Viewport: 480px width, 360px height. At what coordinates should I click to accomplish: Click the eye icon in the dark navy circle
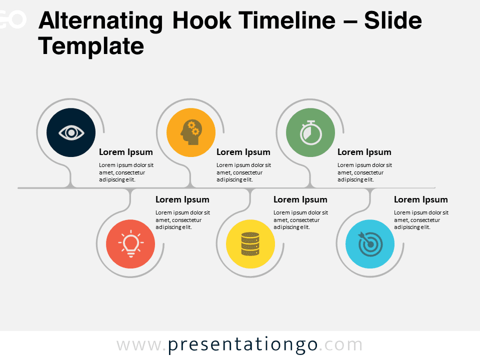(x=71, y=132)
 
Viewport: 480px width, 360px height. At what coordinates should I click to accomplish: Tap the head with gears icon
(x=190, y=132)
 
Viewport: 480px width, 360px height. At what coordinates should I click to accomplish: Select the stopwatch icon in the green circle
(x=310, y=132)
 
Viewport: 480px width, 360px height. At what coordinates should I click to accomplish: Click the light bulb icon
(x=131, y=243)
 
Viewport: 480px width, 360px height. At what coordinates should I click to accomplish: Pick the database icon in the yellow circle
(x=250, y=243)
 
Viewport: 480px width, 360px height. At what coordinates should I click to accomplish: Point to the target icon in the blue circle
(x=370, y=243)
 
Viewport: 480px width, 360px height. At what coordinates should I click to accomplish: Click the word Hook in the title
(x=201, y=20)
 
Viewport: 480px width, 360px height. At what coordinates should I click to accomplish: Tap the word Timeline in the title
(x=287, y=20)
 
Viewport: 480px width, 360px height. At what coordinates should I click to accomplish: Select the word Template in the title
(x=91, y=46)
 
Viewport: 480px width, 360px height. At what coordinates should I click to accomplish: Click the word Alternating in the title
(x=100, y=21)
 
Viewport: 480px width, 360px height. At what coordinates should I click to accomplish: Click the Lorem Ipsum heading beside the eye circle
(x=126, y=152)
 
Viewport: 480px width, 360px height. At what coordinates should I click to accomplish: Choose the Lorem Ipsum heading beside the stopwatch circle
(x=364, y=152)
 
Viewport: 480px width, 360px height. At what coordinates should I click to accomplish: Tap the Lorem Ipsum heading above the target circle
(x=421, y=199)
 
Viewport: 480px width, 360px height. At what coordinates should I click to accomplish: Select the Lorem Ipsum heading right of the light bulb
(x=182, y=199)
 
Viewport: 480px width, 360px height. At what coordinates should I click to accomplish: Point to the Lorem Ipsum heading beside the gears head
(x=243, y=152)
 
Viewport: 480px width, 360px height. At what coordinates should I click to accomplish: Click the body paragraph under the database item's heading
(x=300, y=220)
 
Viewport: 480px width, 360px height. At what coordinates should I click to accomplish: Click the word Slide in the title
(x=393, y=20)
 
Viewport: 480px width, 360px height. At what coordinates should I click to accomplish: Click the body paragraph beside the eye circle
(x=126, y=172)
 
